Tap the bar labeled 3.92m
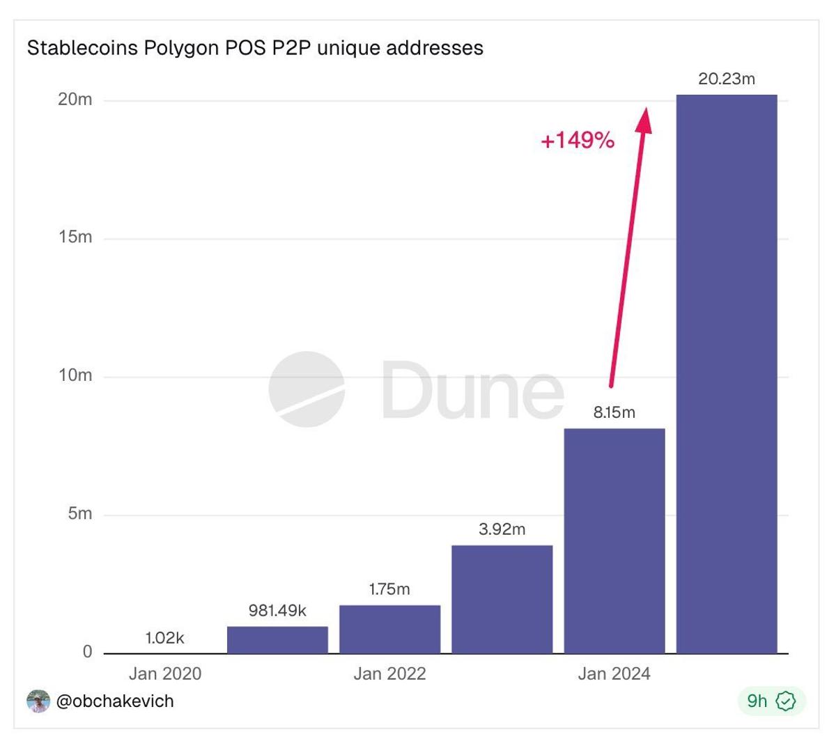502,599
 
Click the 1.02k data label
165,637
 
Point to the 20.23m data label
727,79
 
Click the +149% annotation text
578,141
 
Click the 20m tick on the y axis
75,100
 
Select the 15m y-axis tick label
75,237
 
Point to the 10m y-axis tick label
75,375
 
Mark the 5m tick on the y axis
79,514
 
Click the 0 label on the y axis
87,652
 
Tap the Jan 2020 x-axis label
165,673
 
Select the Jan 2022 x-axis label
389,673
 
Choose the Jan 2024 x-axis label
614,673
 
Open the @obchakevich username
114,701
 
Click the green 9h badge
771,701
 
